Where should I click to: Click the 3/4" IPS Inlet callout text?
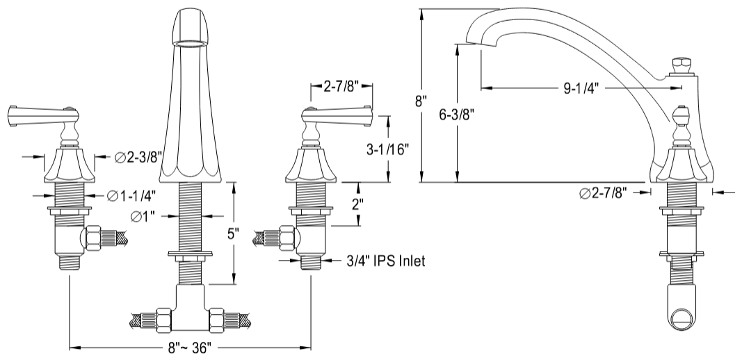tap(385, 261)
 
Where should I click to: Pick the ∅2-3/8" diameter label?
tap(138, 157)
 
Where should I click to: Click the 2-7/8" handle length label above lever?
tap(341, 87)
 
